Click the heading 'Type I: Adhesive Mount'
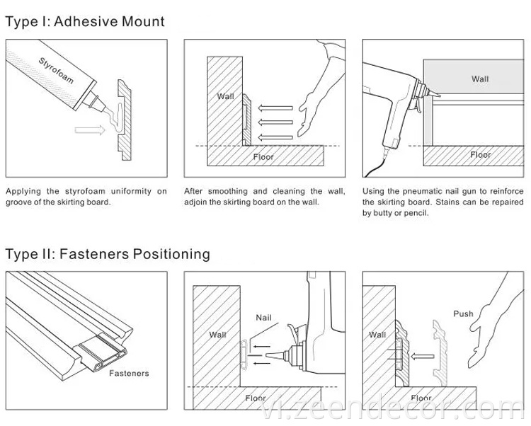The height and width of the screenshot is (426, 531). click(x=85, y=21)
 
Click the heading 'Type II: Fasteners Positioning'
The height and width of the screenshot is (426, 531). click(x=108, y=253)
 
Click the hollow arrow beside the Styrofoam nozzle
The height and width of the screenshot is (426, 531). click(x=88, y=129)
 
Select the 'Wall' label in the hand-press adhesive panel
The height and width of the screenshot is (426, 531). click(x=225, y=96)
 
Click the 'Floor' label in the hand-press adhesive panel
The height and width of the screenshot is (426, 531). click(x=263, y=156)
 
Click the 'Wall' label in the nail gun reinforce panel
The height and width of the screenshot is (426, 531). click(x=480, y=79)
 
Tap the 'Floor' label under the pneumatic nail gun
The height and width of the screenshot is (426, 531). click(x=480, y=154)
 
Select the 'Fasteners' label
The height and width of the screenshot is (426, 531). click(x=128, y=372)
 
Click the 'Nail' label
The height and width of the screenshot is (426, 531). click(x=263, y=318)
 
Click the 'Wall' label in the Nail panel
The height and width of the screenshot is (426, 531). click(x=218, y=333)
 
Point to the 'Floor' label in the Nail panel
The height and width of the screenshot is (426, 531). click(x=256, y=398)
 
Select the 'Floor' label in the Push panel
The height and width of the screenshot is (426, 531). click(x=421, y=398)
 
